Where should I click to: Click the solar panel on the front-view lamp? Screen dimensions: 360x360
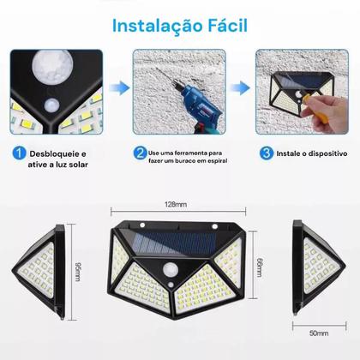point(179,243)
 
